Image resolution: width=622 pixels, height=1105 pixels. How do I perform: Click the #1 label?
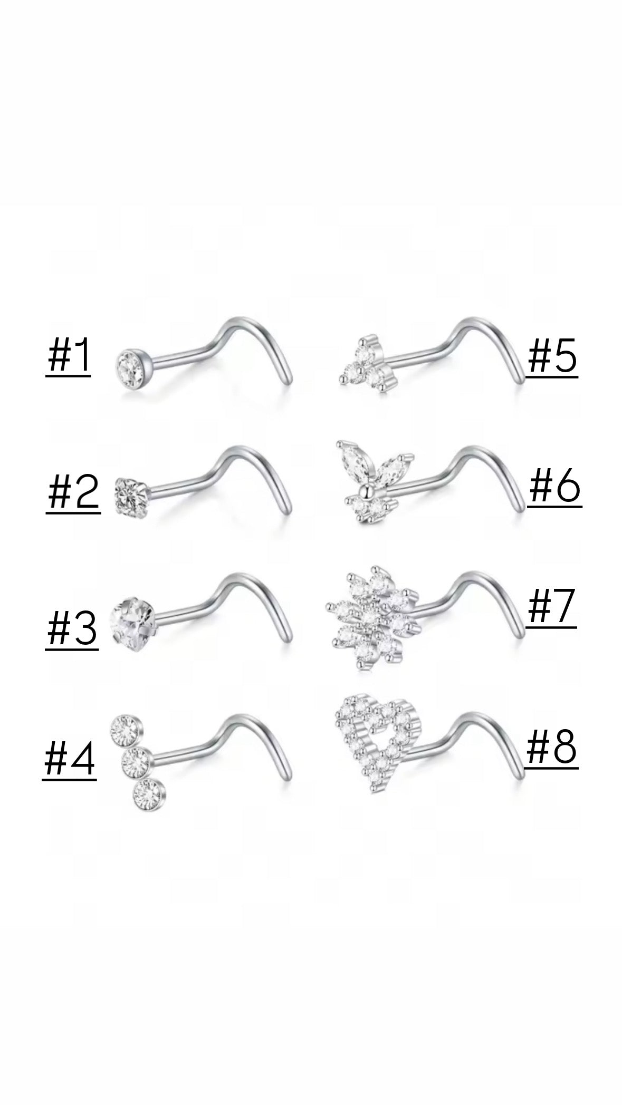tap(68, 357)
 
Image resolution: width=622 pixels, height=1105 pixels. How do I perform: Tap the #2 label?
tap(73, 493)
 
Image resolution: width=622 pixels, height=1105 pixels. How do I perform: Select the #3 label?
tap(72, 629)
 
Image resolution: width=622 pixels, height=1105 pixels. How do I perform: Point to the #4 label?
tap(69, 759)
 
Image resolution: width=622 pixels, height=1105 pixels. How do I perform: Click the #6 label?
tap(554, 487)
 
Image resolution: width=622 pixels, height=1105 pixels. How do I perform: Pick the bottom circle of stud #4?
tap(148, 794)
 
